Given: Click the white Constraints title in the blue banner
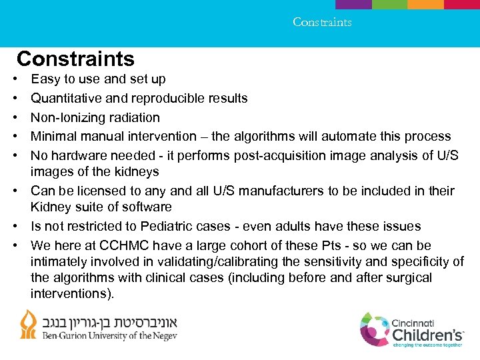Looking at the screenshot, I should pyautogui.click(x=322, y=22).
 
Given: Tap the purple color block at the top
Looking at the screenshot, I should pyautogui.click(x=353, y=4).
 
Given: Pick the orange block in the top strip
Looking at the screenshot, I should pyautogui.click(x=425, y=4).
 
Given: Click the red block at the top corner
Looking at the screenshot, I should pyautogui.click(x=461, y=4).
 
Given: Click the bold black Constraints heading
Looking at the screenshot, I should pyautogui.click(x=75, y=59).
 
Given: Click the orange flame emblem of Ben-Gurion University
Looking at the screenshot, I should pyautogui.click(x=28, y=325).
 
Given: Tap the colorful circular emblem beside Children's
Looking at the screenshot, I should pyautogui.click(x=374, y=330).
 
